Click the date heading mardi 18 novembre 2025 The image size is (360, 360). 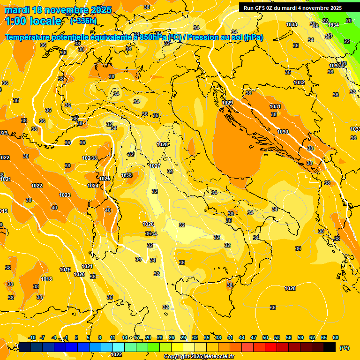59,10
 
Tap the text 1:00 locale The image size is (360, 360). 33,21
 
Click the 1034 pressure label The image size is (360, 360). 333,25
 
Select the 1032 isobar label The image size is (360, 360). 299,82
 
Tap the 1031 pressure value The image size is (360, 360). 275,107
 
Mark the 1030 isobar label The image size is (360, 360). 283,132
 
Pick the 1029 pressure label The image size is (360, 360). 227,103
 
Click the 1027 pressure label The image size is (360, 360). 155,166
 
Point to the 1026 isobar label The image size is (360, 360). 148,224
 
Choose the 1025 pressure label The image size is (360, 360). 105,179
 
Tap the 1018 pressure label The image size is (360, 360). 46,279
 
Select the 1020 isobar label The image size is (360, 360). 79,274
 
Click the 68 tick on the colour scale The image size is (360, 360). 336,337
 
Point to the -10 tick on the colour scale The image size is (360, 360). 32,337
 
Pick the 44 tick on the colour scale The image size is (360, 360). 242,337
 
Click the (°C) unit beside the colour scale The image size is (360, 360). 345,348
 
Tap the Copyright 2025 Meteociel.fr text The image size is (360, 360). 199,357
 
